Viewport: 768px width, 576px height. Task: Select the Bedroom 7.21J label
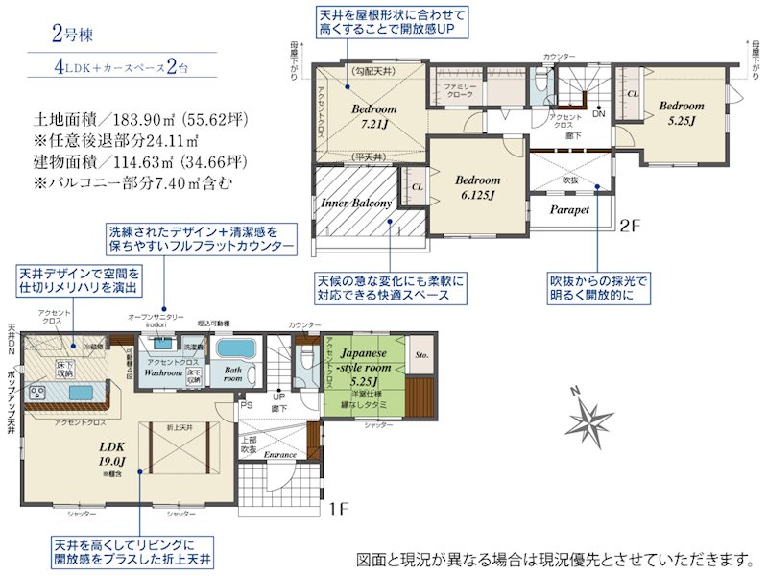pos(373,116)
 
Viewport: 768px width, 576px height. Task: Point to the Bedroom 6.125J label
pos(477,187)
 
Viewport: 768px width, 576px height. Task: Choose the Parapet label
pos(569,209)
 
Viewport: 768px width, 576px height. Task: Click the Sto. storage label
pos(420,354)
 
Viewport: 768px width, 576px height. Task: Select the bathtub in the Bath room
pos(233,349)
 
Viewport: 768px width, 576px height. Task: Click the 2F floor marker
pos(629,228)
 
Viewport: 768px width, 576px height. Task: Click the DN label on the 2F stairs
pos(598,113)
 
